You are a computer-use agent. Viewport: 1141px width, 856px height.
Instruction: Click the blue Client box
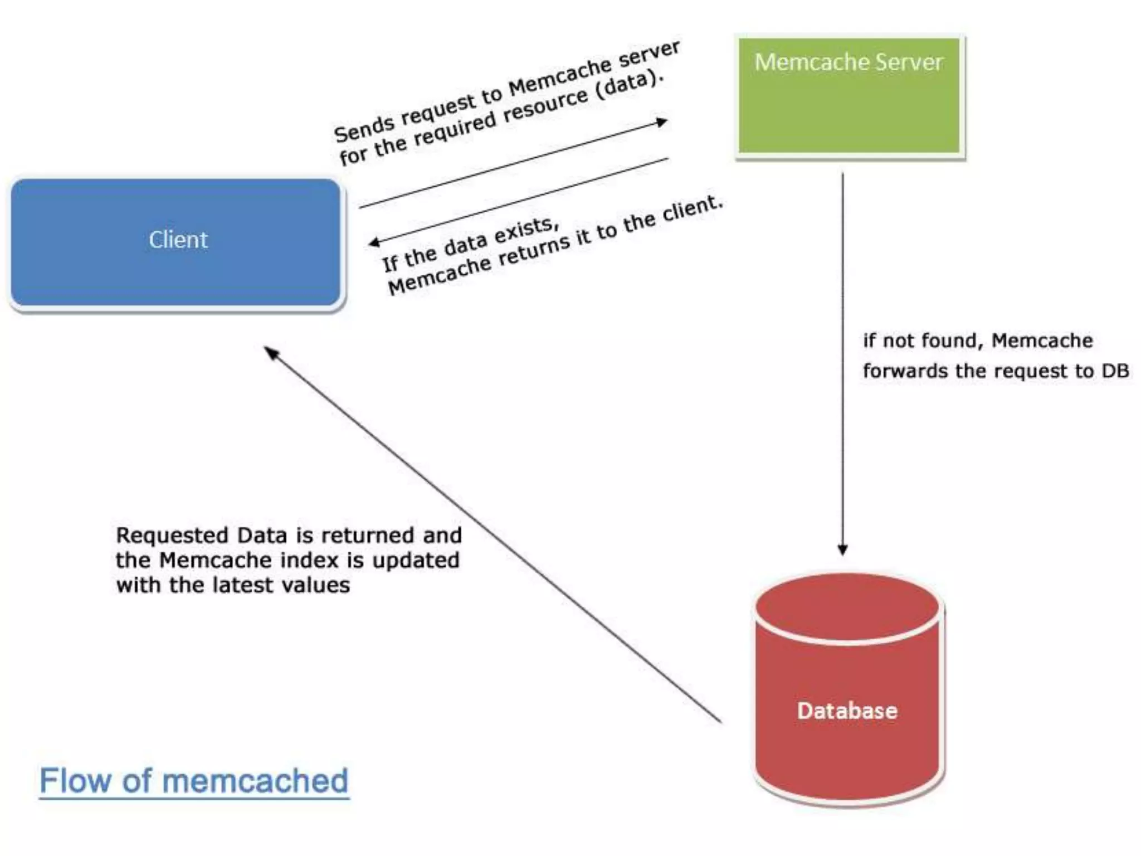(175, 242)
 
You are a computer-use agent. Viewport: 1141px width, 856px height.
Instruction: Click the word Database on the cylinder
(847, 711)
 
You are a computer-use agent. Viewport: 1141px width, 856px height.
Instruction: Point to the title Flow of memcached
(194, 781)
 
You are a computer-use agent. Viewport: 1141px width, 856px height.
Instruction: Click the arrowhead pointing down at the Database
(843, 549)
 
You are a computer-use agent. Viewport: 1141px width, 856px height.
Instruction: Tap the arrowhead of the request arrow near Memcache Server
(662, 121)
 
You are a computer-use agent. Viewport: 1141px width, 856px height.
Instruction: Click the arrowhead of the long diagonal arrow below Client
(271, 352)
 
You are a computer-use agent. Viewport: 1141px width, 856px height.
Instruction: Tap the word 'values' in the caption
(316, 585)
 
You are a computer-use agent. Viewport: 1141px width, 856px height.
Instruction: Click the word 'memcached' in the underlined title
(255, 781)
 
